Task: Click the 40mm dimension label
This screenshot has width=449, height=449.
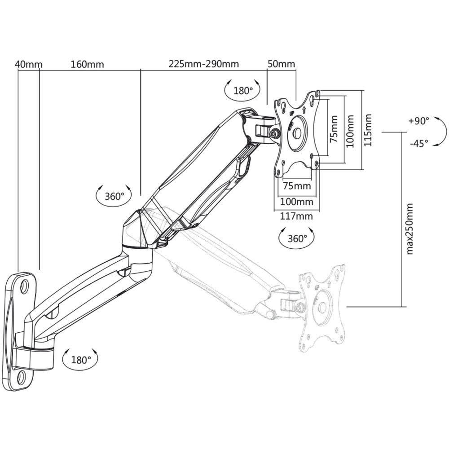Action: pos(29,64)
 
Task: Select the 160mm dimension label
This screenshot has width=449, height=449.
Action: pos(88,64)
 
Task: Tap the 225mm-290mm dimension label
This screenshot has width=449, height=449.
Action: pos(203,64)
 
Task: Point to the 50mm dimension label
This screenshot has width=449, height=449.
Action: pos(281,64)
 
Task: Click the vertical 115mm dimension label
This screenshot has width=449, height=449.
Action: pos(368,130)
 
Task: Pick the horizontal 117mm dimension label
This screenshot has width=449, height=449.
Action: pos(296,216)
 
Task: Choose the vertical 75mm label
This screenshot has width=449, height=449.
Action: pos(334,129)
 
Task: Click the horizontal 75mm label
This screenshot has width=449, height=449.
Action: pos(297,186)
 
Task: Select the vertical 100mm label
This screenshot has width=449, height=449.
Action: pos(350,131)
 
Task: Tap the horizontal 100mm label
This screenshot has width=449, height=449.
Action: pos(296,202)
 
